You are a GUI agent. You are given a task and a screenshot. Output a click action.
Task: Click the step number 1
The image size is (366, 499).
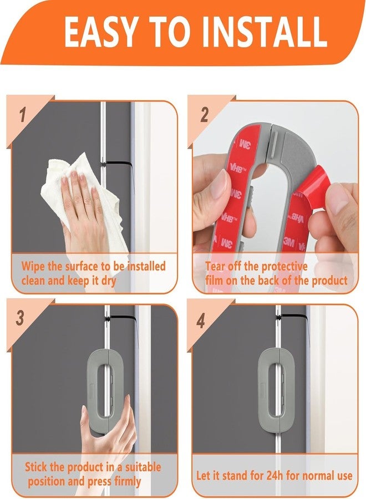(22, 115)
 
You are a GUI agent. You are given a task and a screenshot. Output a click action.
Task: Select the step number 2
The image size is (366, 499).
(204, 115)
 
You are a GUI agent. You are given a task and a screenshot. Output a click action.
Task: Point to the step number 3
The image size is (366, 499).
(21, 319)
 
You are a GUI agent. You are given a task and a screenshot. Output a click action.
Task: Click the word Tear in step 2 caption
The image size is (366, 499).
(217, 266)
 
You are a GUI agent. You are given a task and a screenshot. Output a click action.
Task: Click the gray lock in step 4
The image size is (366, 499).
(277, 383)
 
